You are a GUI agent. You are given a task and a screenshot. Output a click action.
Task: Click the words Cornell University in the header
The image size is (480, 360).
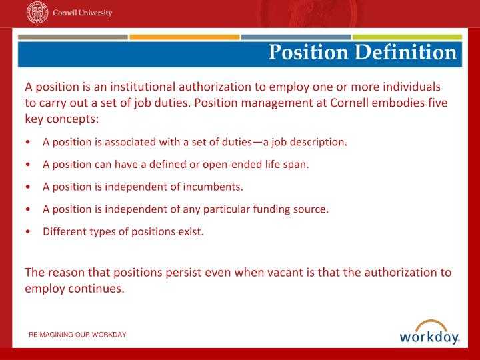pos(83,13)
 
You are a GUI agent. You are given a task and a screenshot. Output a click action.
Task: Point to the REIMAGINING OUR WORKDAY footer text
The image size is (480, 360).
pos(77,334)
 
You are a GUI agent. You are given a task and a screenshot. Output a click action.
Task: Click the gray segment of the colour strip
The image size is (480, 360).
pos(73,37)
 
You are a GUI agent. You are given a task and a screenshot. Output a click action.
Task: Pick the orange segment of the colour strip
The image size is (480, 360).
pos(184,37)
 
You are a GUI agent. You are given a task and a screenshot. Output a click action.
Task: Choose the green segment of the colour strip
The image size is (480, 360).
pos(407,37)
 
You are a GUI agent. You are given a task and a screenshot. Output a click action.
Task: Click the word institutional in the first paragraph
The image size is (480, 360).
pos(136,87)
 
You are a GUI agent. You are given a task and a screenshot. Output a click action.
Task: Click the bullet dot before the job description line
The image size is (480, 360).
pos(27,142)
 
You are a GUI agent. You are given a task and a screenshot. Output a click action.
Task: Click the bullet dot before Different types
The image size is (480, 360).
pos(27,232)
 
